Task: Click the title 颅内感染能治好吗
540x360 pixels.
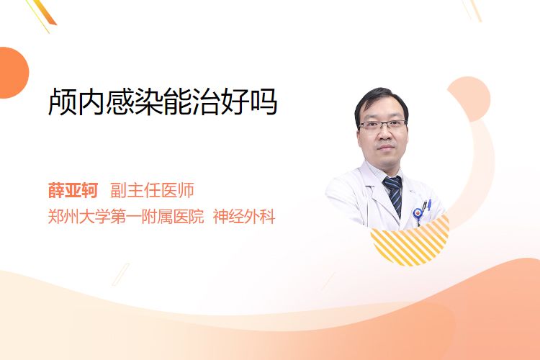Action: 163,102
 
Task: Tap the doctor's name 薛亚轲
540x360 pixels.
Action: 73,190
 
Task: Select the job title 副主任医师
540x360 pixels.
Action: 152,190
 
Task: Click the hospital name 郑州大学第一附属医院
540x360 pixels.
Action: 126,217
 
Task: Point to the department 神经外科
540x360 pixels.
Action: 244,217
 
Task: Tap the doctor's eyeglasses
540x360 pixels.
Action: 382,125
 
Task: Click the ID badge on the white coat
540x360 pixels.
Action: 418,214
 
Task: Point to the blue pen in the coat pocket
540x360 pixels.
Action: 429,204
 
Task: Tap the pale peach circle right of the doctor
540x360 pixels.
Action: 469,99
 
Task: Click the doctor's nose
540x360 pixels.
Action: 385,135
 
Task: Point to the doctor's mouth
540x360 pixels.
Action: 385,148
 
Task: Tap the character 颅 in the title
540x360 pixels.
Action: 62,102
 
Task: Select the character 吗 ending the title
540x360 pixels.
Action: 264,102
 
